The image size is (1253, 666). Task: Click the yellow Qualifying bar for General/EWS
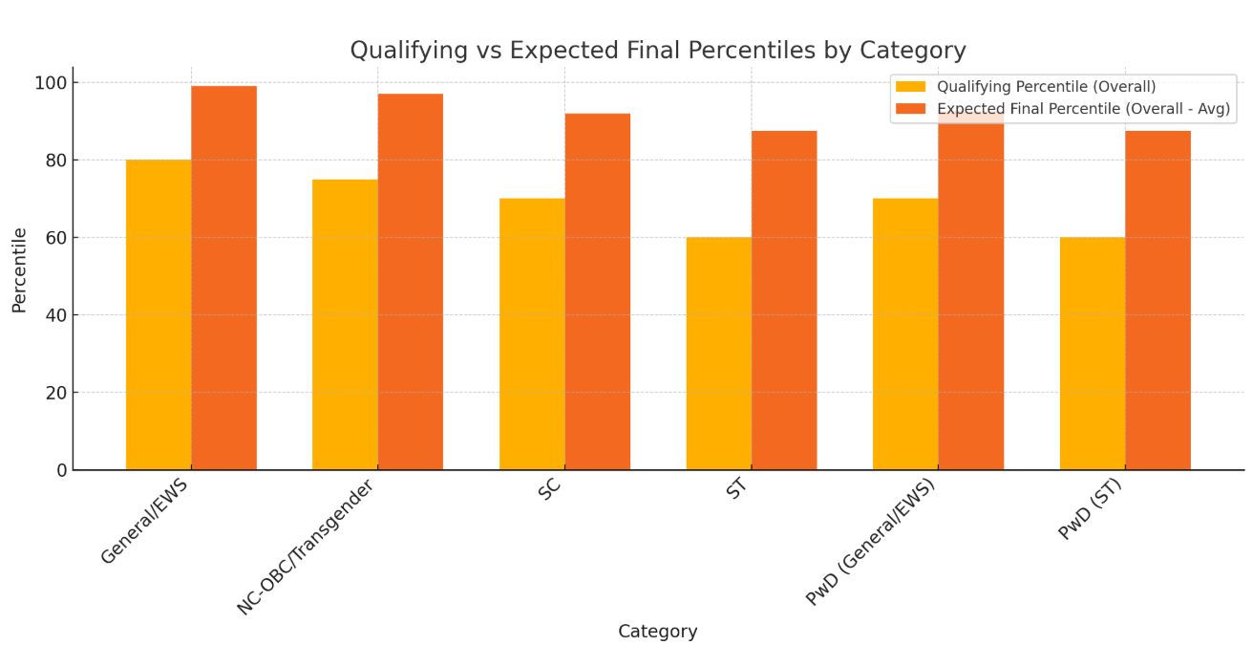tap(159, 314)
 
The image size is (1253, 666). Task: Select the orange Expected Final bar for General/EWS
tap(223, 278)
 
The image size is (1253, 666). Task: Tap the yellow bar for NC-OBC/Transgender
tap(345, 324)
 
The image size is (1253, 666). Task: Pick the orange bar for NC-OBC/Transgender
tap(410, 282)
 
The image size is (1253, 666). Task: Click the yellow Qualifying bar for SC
tap(532, 333)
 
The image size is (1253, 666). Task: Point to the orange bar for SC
tap(597, 291)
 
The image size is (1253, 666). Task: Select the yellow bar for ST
tap(718, 353)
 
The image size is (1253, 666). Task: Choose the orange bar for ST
tap(784, 300)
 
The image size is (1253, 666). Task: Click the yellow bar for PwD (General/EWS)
tap(905, 333)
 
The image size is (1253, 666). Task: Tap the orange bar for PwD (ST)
tap(1157, 300)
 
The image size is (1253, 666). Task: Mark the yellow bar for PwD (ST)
tap(1093, 353)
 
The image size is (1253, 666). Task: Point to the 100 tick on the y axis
tap(51, 83)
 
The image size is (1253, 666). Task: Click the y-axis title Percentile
tap(19, 269)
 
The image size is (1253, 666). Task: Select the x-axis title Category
tap(657, 632)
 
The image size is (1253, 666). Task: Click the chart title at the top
tap(657, 51)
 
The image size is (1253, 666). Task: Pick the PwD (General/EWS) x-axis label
tap(871, 542)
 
